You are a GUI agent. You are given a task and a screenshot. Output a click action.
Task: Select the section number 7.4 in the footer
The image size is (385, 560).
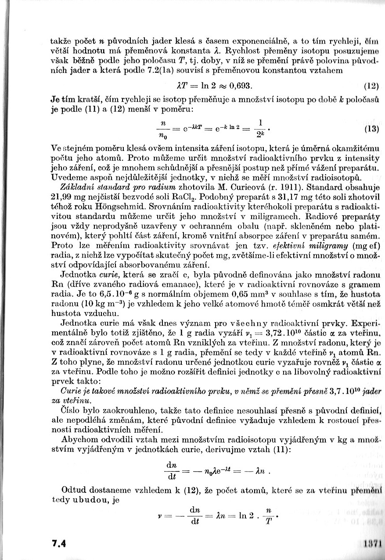(59, 543)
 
